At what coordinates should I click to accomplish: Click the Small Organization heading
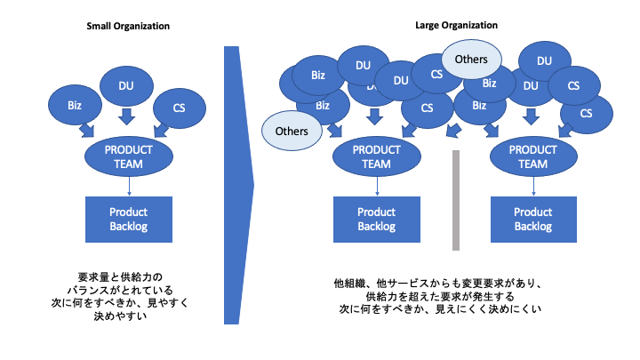pyautogui.click(x=128, y=26)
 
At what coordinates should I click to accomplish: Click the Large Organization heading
pyautogui.click(x=456, y=25)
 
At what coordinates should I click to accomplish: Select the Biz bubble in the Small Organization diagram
pyautogui.click(x=75, y=105)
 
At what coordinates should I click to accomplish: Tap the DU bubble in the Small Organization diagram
pyautogui.click(x=126, y=85)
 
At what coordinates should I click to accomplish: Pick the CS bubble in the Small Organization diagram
pyautogui.click(x=180, y=108)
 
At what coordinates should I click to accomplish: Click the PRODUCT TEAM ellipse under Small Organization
pyautogui.click(x=129, y=156)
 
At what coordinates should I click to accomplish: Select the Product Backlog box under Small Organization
pyautogui.click(x=129, y=220)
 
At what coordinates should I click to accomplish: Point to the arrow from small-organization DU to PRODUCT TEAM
pyautogui.click(x=126, y=116)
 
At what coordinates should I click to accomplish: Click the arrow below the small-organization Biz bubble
pyautogui.click(x=87, y=130)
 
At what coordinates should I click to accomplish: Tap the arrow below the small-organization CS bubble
pyautogui.click(x=161, y=130)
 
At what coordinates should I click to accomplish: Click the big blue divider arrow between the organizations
pyautogui.click(x=239, y=185)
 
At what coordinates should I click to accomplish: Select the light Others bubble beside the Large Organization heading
pyautogui.click(x=471, y=60)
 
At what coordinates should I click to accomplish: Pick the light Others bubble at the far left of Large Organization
pyautogui.click(x=292, y=131)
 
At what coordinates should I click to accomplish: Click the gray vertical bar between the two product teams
pyautogui.click(x=456, y=200)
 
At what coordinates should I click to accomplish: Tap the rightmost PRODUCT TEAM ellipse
pyautogui.click(x=533, y=156)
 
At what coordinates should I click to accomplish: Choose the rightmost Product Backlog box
pyautogui.click(x=533, y=220)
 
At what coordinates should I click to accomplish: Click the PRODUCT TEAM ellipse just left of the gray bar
pyautogui.click(x=376, y=156)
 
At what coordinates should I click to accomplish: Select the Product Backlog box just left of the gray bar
pyautogui.click(x=376, y=220)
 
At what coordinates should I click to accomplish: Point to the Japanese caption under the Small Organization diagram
pyautogui.click(x=120, y=296)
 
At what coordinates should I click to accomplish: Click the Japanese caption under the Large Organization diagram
pyautogui.click(x=437, y=296)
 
